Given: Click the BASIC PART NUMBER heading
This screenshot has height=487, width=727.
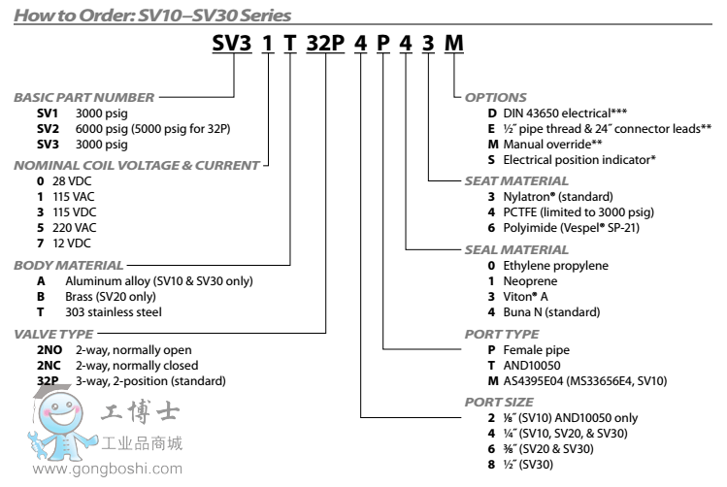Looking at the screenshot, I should pos(83,98).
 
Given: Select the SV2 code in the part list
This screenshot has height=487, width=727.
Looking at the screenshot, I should pos(47,129).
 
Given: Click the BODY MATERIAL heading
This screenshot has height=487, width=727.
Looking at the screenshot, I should pos(69,265).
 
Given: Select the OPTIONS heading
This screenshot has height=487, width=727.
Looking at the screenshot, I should pos(495,98).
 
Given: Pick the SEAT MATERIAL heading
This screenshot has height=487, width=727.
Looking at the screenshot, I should pos(516,180).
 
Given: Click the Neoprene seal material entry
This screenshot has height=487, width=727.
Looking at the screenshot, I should pos(529,280).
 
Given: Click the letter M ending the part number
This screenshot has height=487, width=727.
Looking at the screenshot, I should pos(453,44).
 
